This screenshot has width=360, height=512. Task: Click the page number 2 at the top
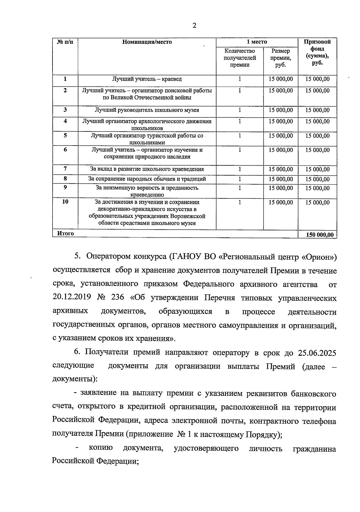(194, 26)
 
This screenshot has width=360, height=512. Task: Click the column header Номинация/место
(147, 42)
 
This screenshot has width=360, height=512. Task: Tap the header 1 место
(257, 42)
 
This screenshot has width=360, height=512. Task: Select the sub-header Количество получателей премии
(240, 58)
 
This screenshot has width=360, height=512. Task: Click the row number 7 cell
(65, 169)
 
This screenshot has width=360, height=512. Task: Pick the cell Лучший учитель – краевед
(147, 79)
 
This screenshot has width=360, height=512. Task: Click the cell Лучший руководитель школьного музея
(147, 110)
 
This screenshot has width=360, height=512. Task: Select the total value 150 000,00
(319, 235)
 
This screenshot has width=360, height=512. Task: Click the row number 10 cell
(65, 202)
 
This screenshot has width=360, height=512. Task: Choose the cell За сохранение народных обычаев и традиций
(147, 179)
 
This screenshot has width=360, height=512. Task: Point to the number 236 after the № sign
(117, 298)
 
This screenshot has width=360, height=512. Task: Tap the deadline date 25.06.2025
(317, 353)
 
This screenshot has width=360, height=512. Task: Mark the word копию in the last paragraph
(101, 448)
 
